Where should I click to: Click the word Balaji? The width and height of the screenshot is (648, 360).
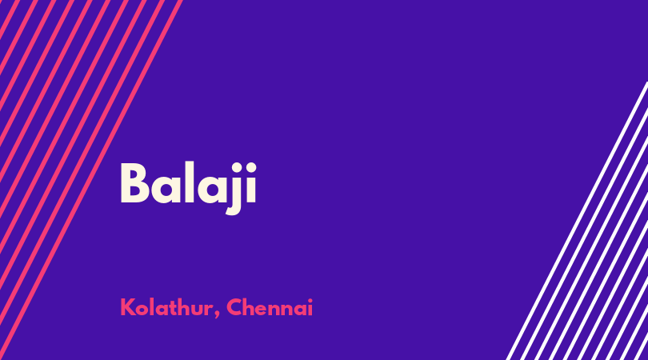(x=189, y=188)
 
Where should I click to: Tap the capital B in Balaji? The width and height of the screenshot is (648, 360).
(x=134, y=182)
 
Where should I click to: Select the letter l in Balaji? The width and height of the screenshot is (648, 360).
(x=189, y=182)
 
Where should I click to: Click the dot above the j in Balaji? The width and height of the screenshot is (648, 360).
(x=236, y=167)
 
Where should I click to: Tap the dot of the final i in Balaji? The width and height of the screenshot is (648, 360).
(x=251, y=167)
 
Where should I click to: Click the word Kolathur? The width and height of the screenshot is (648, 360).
(x=166, y=307)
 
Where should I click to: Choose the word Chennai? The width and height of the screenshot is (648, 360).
(x=270, y=307)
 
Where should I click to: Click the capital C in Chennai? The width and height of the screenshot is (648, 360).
(x=234, y=307)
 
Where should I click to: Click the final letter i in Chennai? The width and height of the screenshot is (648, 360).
(x=310, y=307)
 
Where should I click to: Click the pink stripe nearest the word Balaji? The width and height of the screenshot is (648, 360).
(x=90, y=180)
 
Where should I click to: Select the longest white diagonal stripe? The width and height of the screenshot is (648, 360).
(x=577, y=221)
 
